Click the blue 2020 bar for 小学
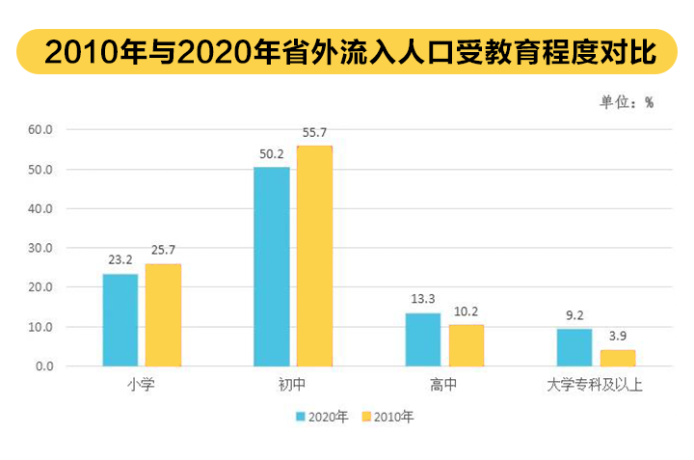point(120,320)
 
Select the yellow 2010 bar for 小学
point(163,315)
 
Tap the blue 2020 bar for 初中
point(271,267)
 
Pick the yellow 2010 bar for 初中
point(314,257)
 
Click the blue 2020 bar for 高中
point(422,339)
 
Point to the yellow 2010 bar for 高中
point(466,345)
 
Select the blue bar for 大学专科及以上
point(574,348)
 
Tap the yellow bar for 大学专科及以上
point(617,358)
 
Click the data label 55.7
point(314,132)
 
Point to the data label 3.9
point(617,337)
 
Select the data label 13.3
point(422,299)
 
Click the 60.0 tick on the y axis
point(46,129)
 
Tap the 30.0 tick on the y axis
point(46,248)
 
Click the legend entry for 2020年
point(322,418)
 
